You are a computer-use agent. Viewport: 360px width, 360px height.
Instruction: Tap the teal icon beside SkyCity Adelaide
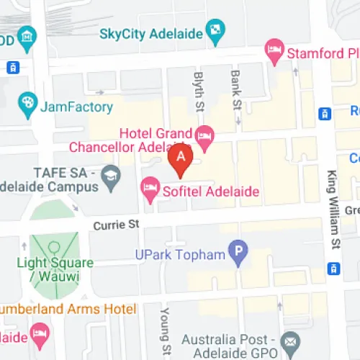pos(215,31)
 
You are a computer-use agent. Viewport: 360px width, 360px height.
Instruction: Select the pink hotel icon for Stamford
pos(274,50)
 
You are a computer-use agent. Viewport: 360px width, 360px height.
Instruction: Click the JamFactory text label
pos(77,107)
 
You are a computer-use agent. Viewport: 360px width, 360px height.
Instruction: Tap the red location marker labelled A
pos(180,160)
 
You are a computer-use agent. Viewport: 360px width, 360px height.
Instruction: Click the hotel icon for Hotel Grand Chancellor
pos(204,135)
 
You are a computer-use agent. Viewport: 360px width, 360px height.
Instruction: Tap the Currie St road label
pos(115,225)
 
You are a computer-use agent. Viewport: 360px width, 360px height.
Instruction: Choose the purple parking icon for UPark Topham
pos(238,252)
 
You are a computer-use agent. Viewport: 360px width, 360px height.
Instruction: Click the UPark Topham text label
pos(180,253)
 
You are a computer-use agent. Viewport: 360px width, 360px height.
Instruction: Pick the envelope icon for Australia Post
pos(290,340)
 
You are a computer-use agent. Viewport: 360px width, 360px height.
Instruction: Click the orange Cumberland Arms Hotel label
pos(68,309)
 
